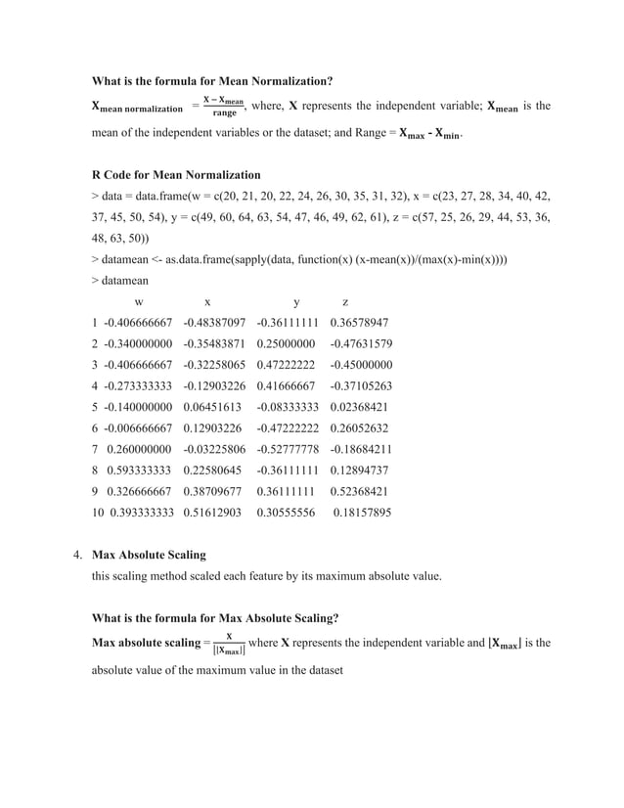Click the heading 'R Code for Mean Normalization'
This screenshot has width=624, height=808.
pyautogui.click(x=176, y=175)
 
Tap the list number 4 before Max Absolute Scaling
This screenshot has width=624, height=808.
pyautogui.click(x=77, y=555)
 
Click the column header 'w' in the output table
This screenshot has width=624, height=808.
pyautogui.click(x=140, y=302)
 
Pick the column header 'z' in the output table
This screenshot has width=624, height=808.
pyautogui.click(x=345, y=302)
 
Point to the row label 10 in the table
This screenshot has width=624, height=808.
pyautogui.click(x=97, y=512)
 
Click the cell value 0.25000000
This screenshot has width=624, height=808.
pyautogui.click(x=288, y=343)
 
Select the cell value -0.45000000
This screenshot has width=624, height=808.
pyautogui.click(x=361, y=365)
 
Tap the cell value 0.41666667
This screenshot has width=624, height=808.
pyautogui.click(x=288, y=385)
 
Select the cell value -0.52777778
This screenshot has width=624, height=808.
pyautogui.click(x=288, y=449)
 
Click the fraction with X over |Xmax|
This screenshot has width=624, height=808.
pyautogui.click(x=228, y=643)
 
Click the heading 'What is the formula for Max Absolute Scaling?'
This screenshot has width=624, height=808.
pyautogui.click(x=215, y=617)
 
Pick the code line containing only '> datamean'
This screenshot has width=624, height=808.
pyautogui.click(x=124, y=281)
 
